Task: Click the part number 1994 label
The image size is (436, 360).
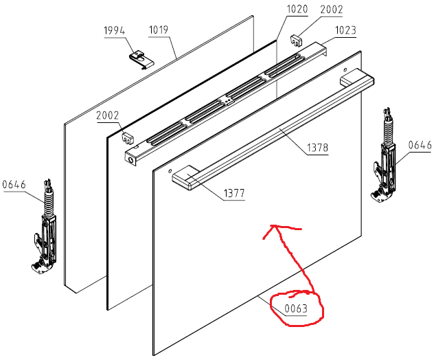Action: point(114,31)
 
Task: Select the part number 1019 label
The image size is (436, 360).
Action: point(159,30)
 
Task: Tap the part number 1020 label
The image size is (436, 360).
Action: point(297,9)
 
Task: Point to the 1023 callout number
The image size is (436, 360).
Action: point(345,30)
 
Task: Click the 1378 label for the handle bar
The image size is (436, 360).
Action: point(317,147)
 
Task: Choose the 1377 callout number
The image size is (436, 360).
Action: point(234,193)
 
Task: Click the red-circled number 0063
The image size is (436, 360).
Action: point(296,308)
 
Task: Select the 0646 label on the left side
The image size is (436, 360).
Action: point(14,184)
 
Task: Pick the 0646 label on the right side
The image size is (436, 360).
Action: point(420,145)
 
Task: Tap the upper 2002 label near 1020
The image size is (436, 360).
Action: point(332,10)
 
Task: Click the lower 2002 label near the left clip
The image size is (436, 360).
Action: point(108,115)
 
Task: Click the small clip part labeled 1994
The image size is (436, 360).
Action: point(141,60)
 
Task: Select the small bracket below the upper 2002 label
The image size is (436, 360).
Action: point(297,41)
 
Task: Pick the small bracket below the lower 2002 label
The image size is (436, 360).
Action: point(127,138)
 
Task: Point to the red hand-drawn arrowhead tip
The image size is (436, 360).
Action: point(273,225)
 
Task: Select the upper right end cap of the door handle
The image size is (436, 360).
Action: point(357,78)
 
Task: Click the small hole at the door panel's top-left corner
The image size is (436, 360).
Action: point(170,171)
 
